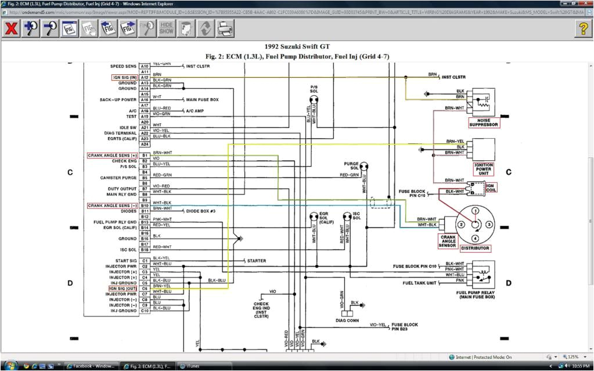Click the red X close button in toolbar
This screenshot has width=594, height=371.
(x=11, y=28)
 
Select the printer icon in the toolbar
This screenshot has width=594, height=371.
(x=225, y=28)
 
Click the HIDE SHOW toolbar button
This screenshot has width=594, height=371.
(x=167, y=28)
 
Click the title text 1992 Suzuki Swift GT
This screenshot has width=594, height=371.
(x=297, y=46)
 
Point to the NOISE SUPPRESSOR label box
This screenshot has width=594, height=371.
(x=484, y=122)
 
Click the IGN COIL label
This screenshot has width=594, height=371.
(x=491, y=187)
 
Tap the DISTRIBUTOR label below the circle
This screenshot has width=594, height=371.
(x=475, y=248)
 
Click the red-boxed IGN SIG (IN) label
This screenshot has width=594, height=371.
(x=124, y=77)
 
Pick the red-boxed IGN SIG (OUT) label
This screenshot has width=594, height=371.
(x=123, y=288)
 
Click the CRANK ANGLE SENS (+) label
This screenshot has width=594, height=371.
(x=113, y=156)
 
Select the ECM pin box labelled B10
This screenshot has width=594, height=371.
(x=145, y=206)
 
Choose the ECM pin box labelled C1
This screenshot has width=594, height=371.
(x=145, y=261)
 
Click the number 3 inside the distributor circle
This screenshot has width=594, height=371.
(x=489, y=224)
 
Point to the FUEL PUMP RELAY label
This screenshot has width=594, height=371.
(x=475, y=294)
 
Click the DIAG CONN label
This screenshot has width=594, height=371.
(x=348, y=320)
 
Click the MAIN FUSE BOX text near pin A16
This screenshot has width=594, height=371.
(x=202, y=100)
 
